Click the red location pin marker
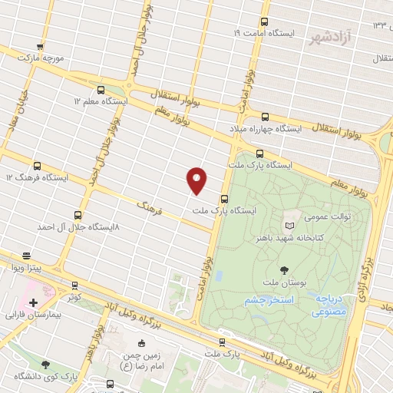(x=197, y=180)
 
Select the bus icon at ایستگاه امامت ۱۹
(x=265, y=22)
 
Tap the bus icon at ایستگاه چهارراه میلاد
(x=265, y=117)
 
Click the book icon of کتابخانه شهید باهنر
(x=289, y=226)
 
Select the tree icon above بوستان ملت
(x=285, y=269)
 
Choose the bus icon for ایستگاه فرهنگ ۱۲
(x=37, y=165)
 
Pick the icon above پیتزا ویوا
(x=27, y=256)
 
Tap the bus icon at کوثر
(x=74, y=285)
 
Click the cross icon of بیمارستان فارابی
(x=33, y=302)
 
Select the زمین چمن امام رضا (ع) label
(x=140, y=362)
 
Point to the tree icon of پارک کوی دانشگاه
(x=45, y=365)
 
